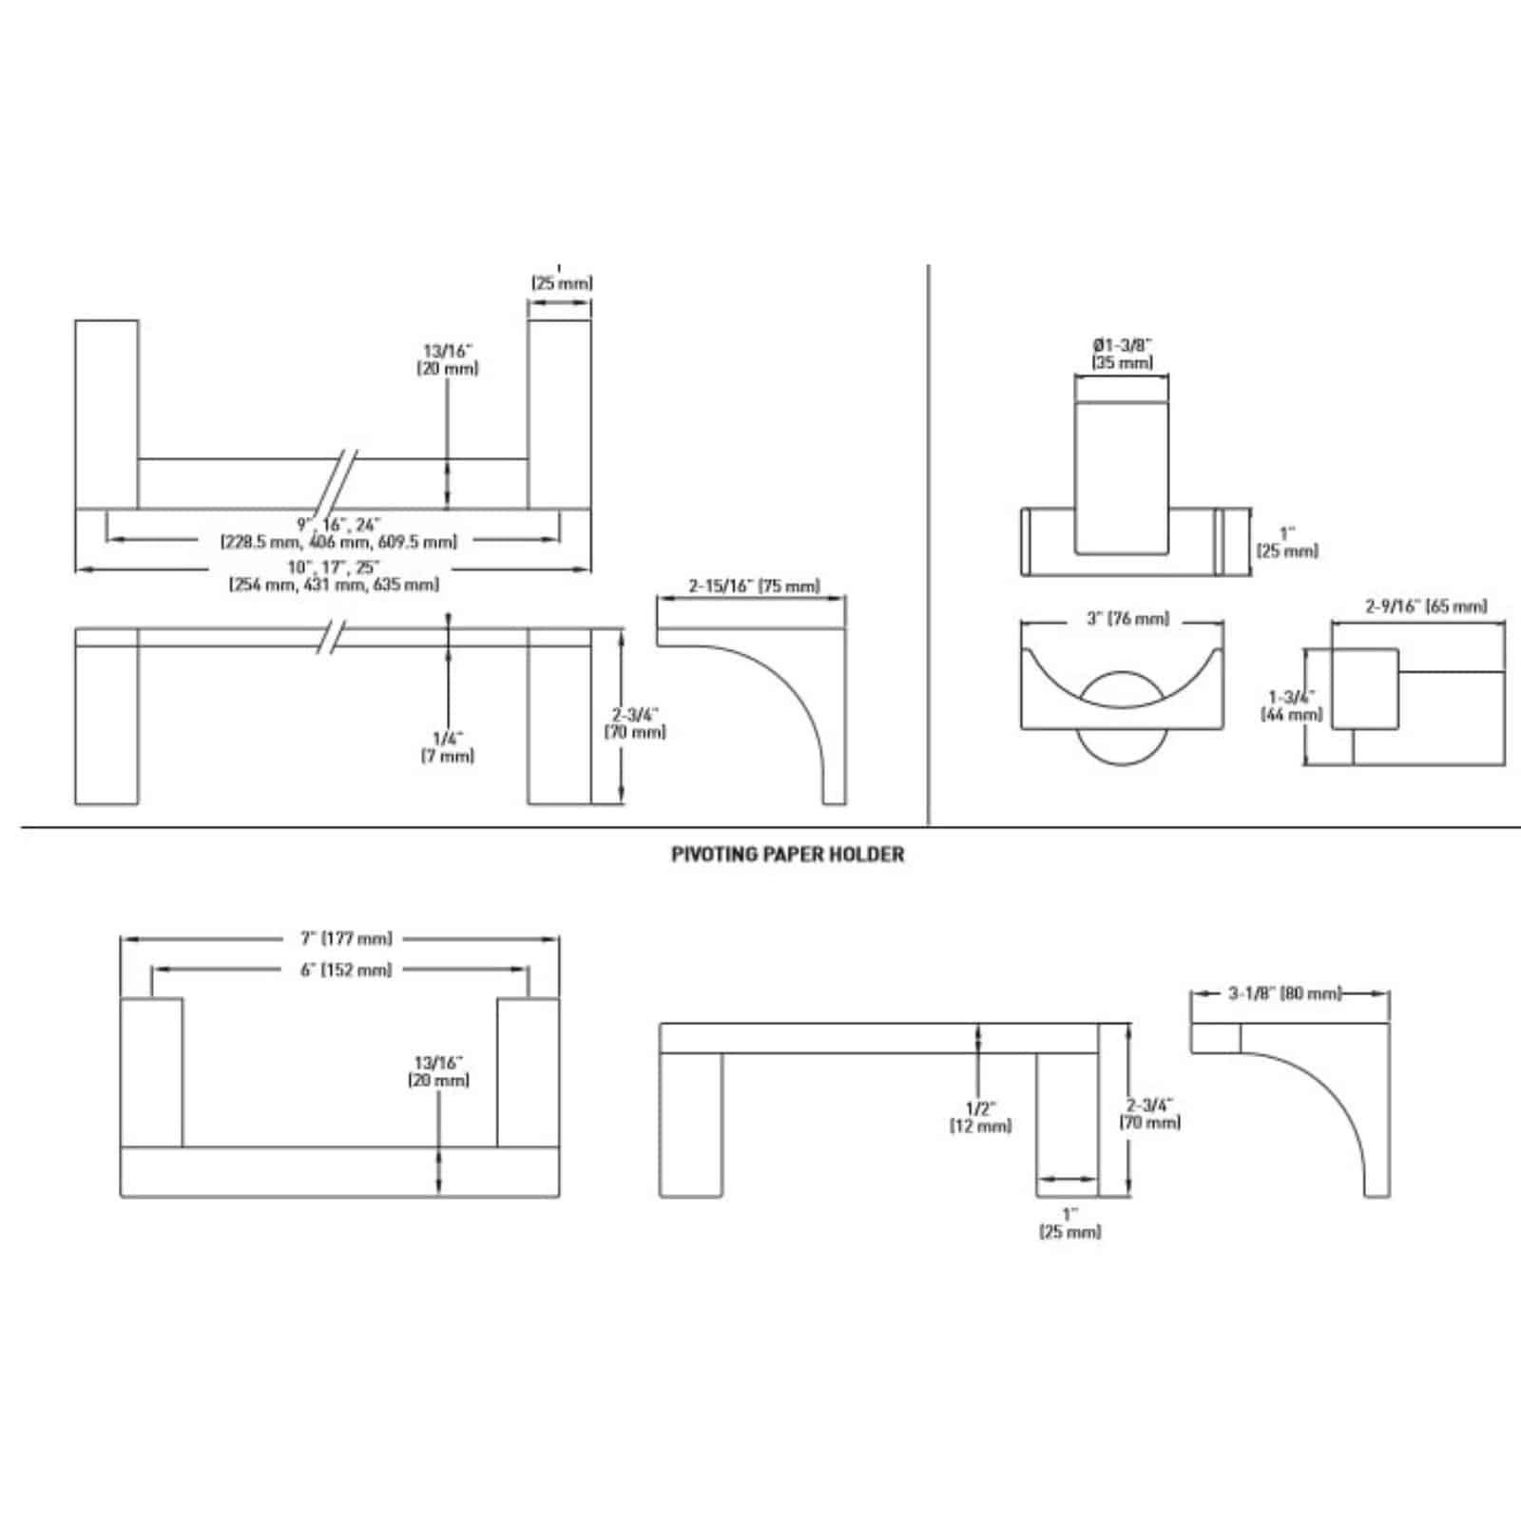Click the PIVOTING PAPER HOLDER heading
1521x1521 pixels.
coord(787,855)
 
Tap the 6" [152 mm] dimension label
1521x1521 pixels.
coord(340,970)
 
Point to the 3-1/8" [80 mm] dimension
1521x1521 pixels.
coord(1283,994)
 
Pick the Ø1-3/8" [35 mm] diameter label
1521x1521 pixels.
coord(1123,353)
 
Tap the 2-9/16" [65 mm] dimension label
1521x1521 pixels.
coord(1426,606)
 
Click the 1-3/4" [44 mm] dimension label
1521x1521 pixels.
coord(1292,705)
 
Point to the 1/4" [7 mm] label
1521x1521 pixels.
coord(447,747)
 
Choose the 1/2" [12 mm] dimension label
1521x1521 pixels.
coord(979,1117)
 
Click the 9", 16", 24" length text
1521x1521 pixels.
coord(338,524)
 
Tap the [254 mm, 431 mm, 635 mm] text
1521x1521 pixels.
coord(335,586)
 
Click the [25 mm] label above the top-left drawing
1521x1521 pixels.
coord(561,282)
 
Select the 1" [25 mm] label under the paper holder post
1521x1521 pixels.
coord(1069,1223)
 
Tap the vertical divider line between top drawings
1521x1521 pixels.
coord(928,542)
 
